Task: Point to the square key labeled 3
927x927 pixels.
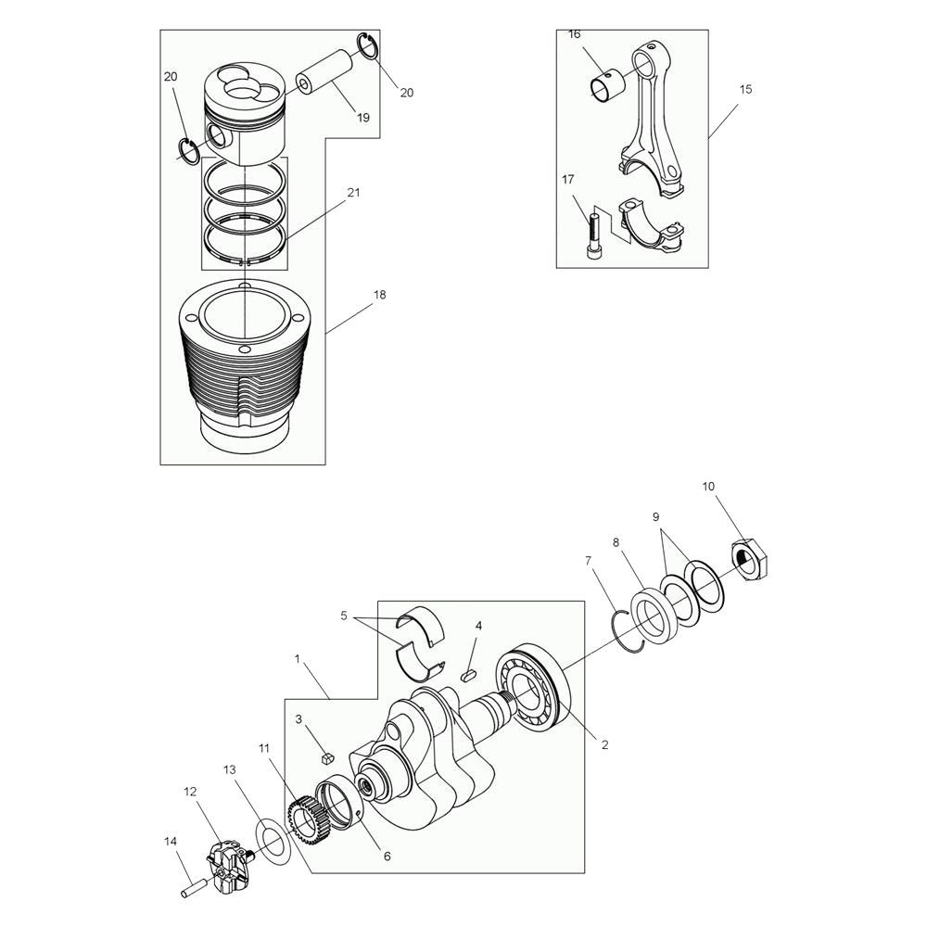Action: (x=327, y=756)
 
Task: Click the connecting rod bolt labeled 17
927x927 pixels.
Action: (x=593, y=235)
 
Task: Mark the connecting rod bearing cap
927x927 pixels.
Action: (x=652, y=226)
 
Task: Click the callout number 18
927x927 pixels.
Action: (x=379, y=295)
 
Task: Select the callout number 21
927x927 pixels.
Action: (x=353, y=192)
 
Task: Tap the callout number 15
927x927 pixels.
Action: (x=745, y=89)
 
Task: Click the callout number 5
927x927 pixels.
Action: (x=344, y=616)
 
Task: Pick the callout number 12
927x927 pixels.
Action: (x=190, y=791)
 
